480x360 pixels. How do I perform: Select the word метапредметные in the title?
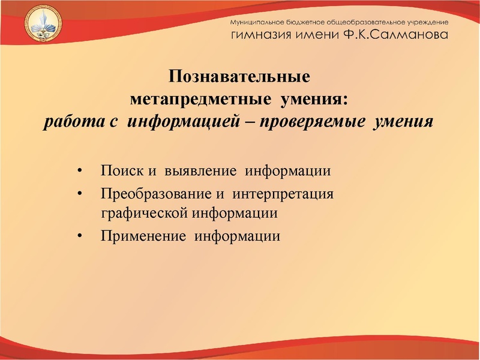[198, 99]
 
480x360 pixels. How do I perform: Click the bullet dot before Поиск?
[80, 172]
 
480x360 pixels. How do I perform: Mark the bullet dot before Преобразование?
[80, 196]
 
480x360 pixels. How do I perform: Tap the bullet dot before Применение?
[80, 236]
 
